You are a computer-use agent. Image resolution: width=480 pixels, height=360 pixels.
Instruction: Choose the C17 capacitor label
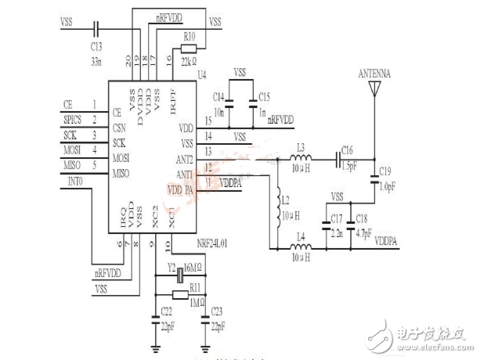click(x=337, y=217)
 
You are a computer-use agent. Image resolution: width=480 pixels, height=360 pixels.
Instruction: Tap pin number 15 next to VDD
click(x=208, y=119)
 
